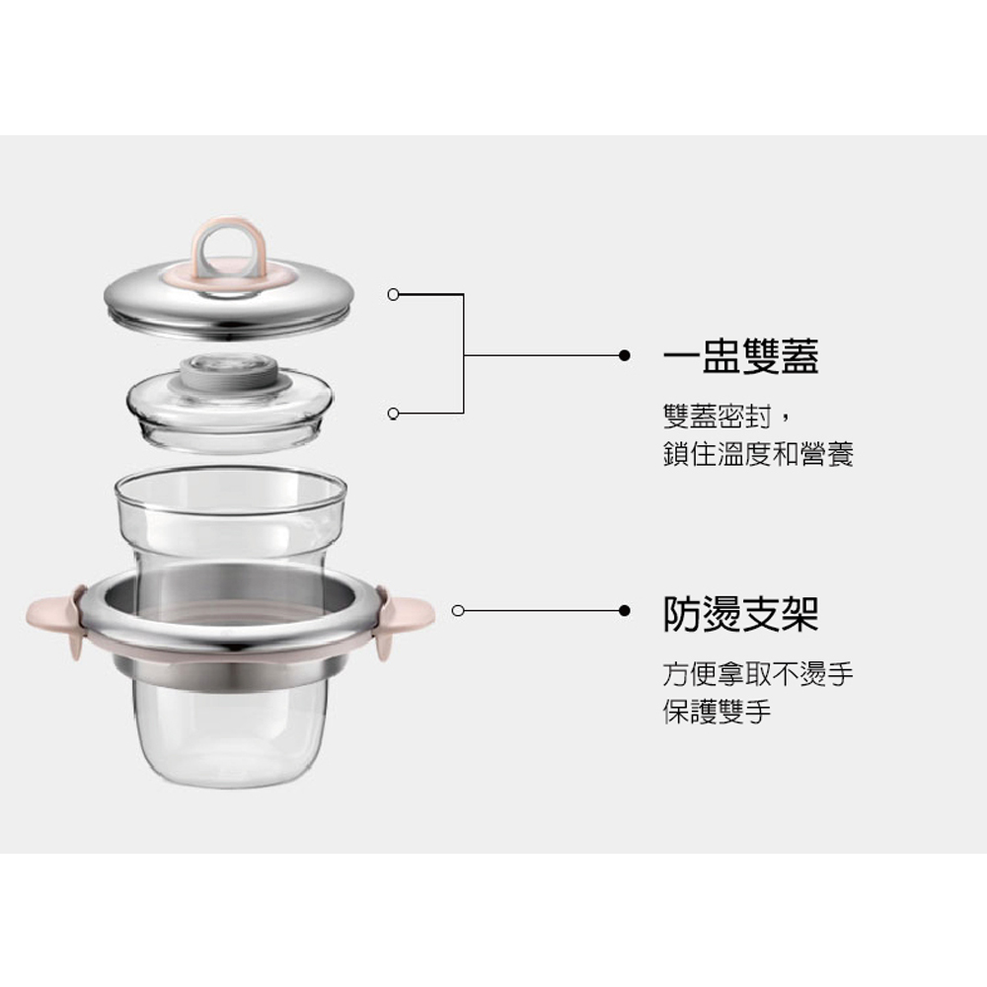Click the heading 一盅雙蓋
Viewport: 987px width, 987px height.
pyautogui.click(x=740, y=356)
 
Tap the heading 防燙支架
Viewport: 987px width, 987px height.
pyautogui.click(x=740, y=614)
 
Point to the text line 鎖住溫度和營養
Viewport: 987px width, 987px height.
pyautogui.click(x=758, y=454)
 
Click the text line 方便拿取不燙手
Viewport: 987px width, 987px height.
pyautogui.click(x=758, y=674)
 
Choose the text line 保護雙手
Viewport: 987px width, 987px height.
pyautogui.click(x=717, y=712)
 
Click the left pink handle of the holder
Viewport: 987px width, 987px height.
pyautogui.click(x=55, y=618)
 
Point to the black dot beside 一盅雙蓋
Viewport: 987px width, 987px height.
pyautogui.click(x=625, y=355)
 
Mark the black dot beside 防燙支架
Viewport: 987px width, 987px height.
pyautogui.click(x=625, y=611)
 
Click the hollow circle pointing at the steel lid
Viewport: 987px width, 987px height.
pyautogui.click(x=394, y=294)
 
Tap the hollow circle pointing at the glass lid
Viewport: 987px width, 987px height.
pyautogui.click(x=394, y=413)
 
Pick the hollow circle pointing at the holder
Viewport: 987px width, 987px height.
pyautogui.click(x=458, y=611)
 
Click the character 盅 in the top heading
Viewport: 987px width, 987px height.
pyautogui.click(x=721, y=356)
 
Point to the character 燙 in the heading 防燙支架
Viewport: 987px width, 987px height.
pyautogui.click(x=721, y=614)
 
